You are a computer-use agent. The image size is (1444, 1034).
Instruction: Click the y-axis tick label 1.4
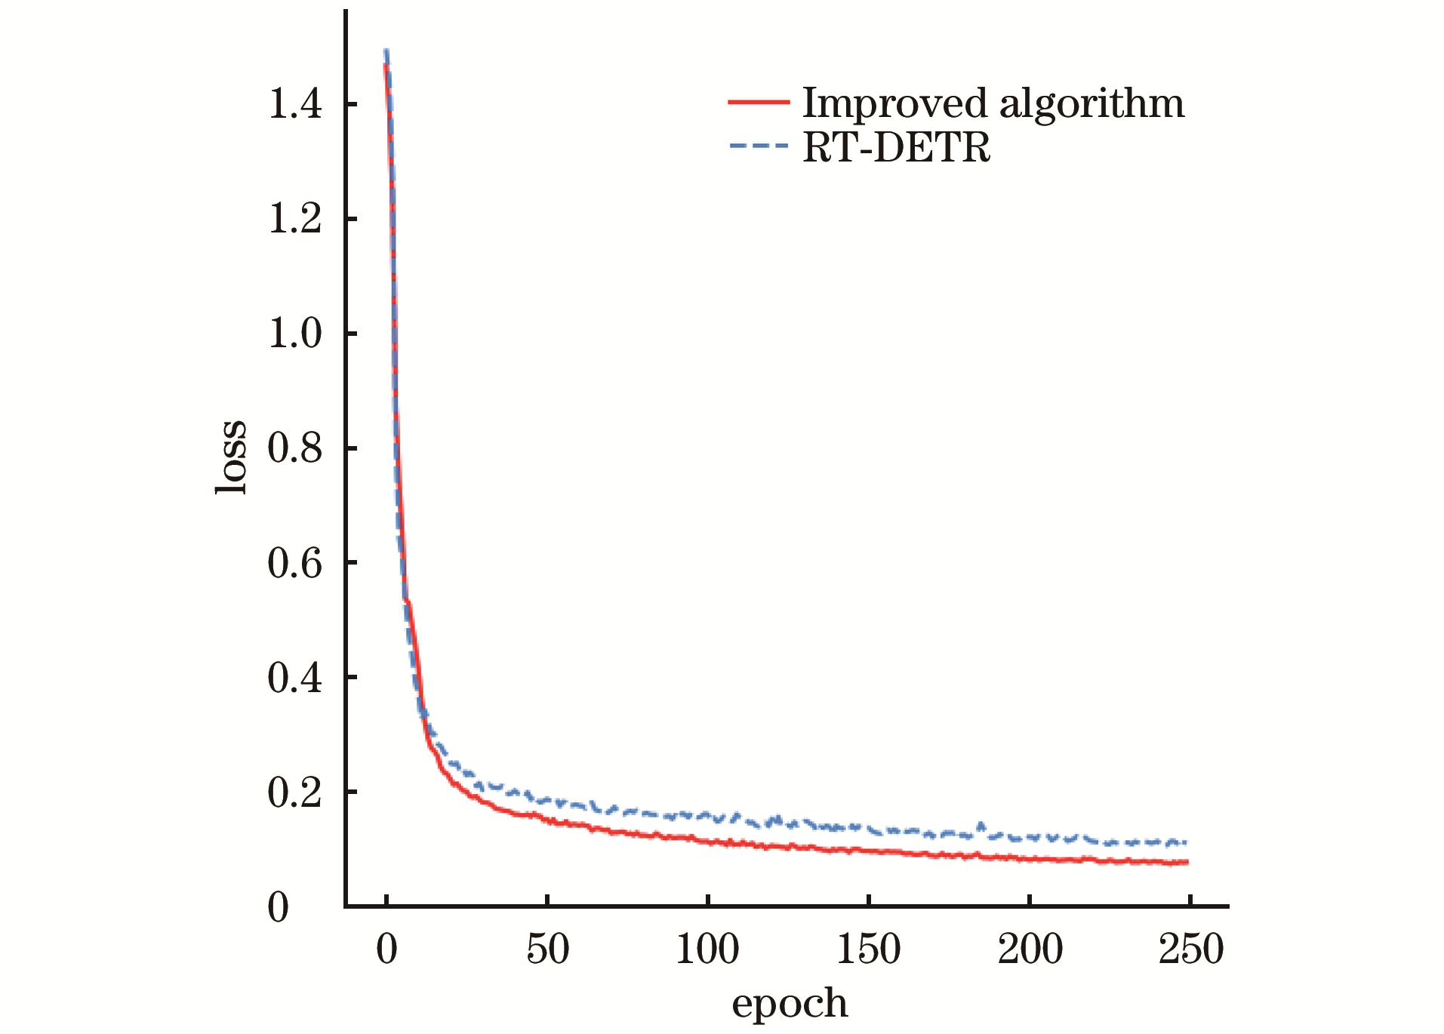[x=294, y=104]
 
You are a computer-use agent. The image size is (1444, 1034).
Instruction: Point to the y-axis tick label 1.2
[x=294, y=219]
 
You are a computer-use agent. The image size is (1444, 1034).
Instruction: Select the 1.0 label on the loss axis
[x=294, y=334]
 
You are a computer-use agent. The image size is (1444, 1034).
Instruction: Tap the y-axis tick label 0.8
[x=294, y=448]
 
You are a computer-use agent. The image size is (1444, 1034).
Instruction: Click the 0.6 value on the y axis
[x=294, y=563]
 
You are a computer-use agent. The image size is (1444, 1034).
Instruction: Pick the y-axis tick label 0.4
[x=294, y=678]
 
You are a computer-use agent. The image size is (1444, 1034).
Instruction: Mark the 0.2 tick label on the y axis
[x=294, y=792]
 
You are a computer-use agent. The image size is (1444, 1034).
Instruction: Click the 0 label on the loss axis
[x=279, y=907]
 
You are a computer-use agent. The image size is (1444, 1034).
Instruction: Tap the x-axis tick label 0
[x=386, y=949]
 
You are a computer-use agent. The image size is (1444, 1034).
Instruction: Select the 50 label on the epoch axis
[x=547, y=949]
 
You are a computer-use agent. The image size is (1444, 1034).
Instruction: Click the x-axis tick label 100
[x=707, y=949]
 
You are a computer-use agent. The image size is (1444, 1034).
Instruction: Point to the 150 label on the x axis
[x=869, y=949]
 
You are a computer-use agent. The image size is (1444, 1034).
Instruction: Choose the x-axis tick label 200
[x=1030, y=949]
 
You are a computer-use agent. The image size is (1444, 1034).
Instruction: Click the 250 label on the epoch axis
[x=1190, y=949]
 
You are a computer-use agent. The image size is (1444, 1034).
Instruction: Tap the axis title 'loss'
[x=230, y=457]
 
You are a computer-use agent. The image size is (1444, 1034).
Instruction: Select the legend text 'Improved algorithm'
[x=993, y=103]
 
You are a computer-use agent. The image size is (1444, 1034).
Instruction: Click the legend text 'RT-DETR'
[x=896, y=147]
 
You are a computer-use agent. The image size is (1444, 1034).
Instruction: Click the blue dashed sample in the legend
[x=758, y=146]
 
